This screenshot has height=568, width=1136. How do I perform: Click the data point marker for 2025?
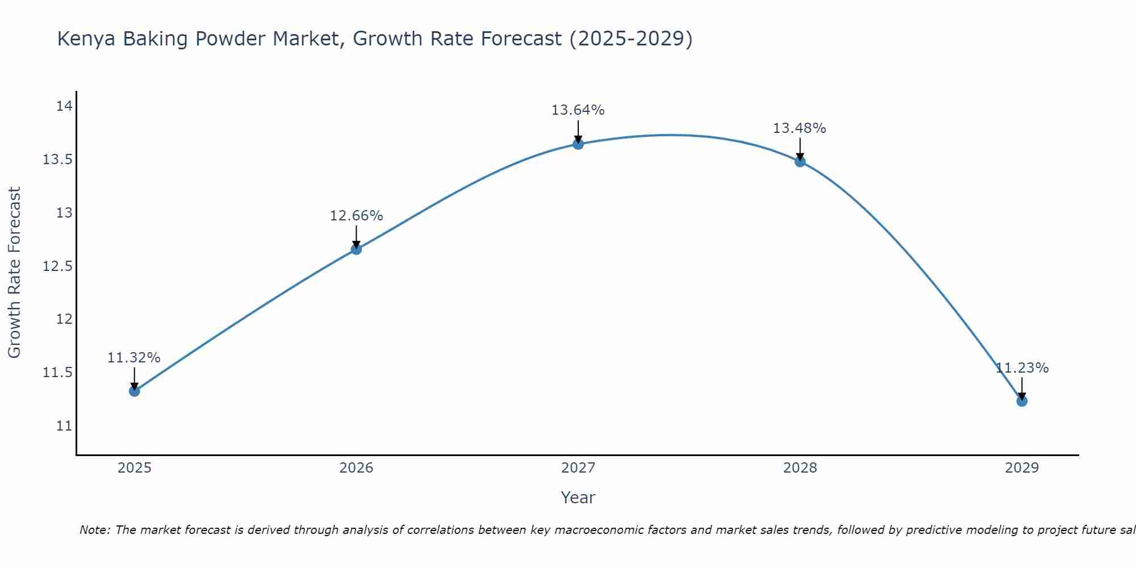pyautogui.click(x=134, y=391)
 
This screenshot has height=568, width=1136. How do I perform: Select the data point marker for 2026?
pyautogui.click(x=356, y=249)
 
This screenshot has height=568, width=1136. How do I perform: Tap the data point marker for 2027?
pyautogui.click(x=578, y=144)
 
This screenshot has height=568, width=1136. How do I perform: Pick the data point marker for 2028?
pyautogui.click(x=800, y=161)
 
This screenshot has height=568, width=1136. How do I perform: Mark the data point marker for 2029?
pyautogui.click(x=1022, y=401)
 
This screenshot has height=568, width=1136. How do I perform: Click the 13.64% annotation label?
pyautogui.click(x=578, y=110)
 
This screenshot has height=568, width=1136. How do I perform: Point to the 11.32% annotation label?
pyautogui.click(x=134, y=358)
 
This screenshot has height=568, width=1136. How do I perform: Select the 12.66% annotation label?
pyautogui.click(x=356, y=216)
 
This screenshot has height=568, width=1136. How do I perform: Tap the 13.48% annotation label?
pyautogui.click(x=799, y=128)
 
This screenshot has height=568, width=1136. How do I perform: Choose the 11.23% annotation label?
pyautogui.click(x=1022, y=368)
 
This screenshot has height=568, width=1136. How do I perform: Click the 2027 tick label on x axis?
pyautogui.click(x=578, y=468)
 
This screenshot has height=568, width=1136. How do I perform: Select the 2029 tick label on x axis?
pyautogui.click(x=1022, y=468)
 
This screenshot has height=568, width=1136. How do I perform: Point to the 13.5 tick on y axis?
pyautogui.click(x=57, y=160)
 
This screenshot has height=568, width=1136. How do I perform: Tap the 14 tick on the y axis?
pyautogui.click(x=64, y=106)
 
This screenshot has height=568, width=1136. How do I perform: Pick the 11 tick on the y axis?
pyautogui.click(x=64, y=426)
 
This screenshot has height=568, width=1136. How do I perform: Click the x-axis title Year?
pyautogui.click(x=578, y=498)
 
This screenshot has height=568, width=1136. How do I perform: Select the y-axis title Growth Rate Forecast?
pyautogui.click(x=14, y=272)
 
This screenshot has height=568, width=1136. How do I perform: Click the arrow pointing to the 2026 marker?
pyautogui.click(x=356, y=236)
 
